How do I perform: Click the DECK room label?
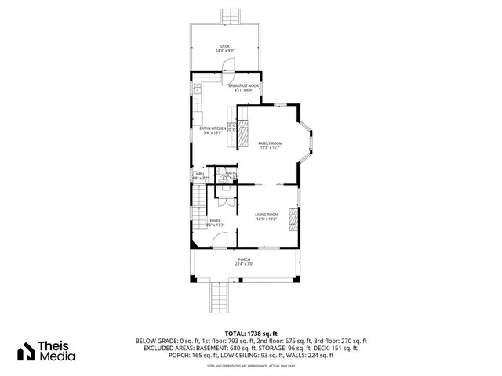click(226, 45)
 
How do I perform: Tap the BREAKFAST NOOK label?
click(243, 86)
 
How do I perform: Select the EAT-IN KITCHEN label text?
click(213, 128)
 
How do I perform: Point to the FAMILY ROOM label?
click(270, 143)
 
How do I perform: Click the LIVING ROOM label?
click(267, 215)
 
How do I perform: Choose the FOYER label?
click(214, 222)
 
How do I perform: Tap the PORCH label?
click(245, 259)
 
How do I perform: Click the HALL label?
click(199, 175)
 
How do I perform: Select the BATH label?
click(231, 174)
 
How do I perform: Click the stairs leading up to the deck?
click(231, 16)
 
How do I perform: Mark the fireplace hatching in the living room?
click(293, 219)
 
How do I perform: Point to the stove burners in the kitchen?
click(232, 127)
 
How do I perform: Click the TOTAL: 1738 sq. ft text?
click(250, 334)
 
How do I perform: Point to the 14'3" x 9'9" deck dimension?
click(226, 50)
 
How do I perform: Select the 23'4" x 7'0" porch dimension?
click(245, 264)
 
